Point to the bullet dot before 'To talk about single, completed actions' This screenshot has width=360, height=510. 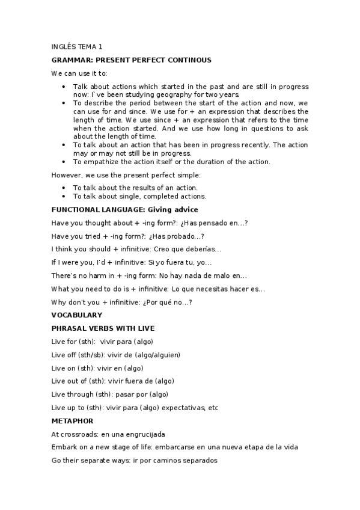coord(64,196)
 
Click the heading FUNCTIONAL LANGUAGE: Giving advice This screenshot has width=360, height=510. coord(124,209)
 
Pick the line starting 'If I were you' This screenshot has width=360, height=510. coord(132,262)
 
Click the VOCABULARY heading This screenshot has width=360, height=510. coord(77,315)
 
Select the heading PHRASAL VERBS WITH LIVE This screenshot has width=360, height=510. coord(103,328)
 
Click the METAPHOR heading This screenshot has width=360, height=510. coord(73,421)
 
